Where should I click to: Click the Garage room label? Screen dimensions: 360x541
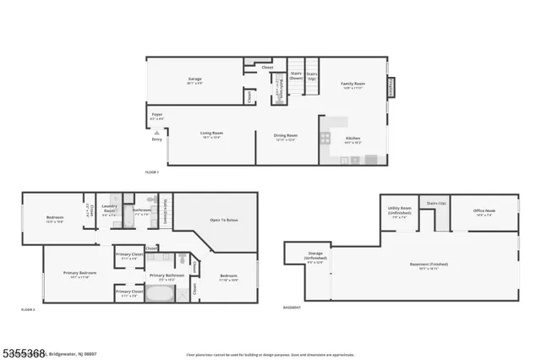[x=194, y=81]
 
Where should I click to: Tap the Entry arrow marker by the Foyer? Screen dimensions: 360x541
[x=156, y=132]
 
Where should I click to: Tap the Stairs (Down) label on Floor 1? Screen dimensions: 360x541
[x=296, y=76]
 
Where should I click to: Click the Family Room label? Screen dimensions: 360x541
[x=352, y=84]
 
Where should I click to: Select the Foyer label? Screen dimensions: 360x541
[x=156, y=114]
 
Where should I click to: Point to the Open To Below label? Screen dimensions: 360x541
[x=224, y=220]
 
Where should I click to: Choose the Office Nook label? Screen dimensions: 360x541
[x=484, y=211]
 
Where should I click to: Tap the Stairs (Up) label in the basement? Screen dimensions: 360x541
[x=436, y=204]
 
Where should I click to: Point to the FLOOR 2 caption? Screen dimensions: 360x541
[x=29, y=310]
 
